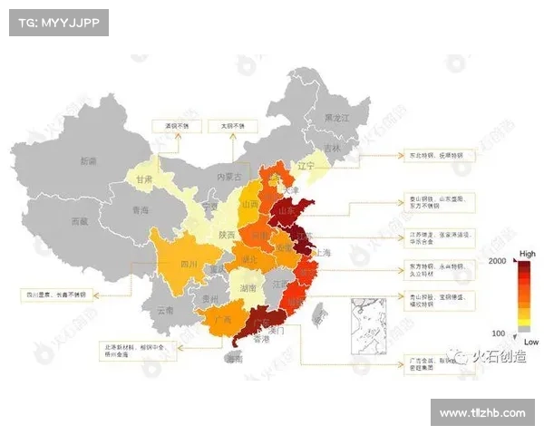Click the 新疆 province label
(x=88, y=161)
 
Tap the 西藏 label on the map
(x=81, y=220)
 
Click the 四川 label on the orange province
(x=189, y=265)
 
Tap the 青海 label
(x=141, y=209)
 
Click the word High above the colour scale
(x=527, y=253)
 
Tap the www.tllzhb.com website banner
(x=481, y=413)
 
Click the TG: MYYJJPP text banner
(x=58, y=23)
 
